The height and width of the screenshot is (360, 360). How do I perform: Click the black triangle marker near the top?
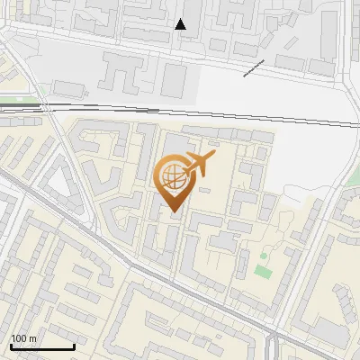tap(181, 24)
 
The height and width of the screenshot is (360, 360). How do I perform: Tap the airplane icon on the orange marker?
tap(198, 164)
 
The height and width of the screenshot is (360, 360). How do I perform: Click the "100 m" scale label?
tap(24, 338)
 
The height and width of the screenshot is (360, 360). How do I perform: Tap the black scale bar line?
tap(42, 346)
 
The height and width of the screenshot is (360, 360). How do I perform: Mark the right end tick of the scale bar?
tap(74, 345)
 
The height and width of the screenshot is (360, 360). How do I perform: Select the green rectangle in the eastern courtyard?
tap(262, 271)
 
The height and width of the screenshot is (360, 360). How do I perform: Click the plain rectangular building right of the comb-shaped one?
tap(174, 80)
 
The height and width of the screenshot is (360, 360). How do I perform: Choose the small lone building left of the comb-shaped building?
tap(68, 88)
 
